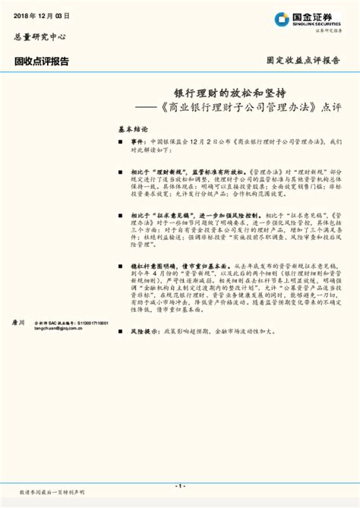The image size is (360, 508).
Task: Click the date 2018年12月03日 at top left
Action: click(x=36, y=15)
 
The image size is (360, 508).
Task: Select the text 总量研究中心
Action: click(x=39, y=36)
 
